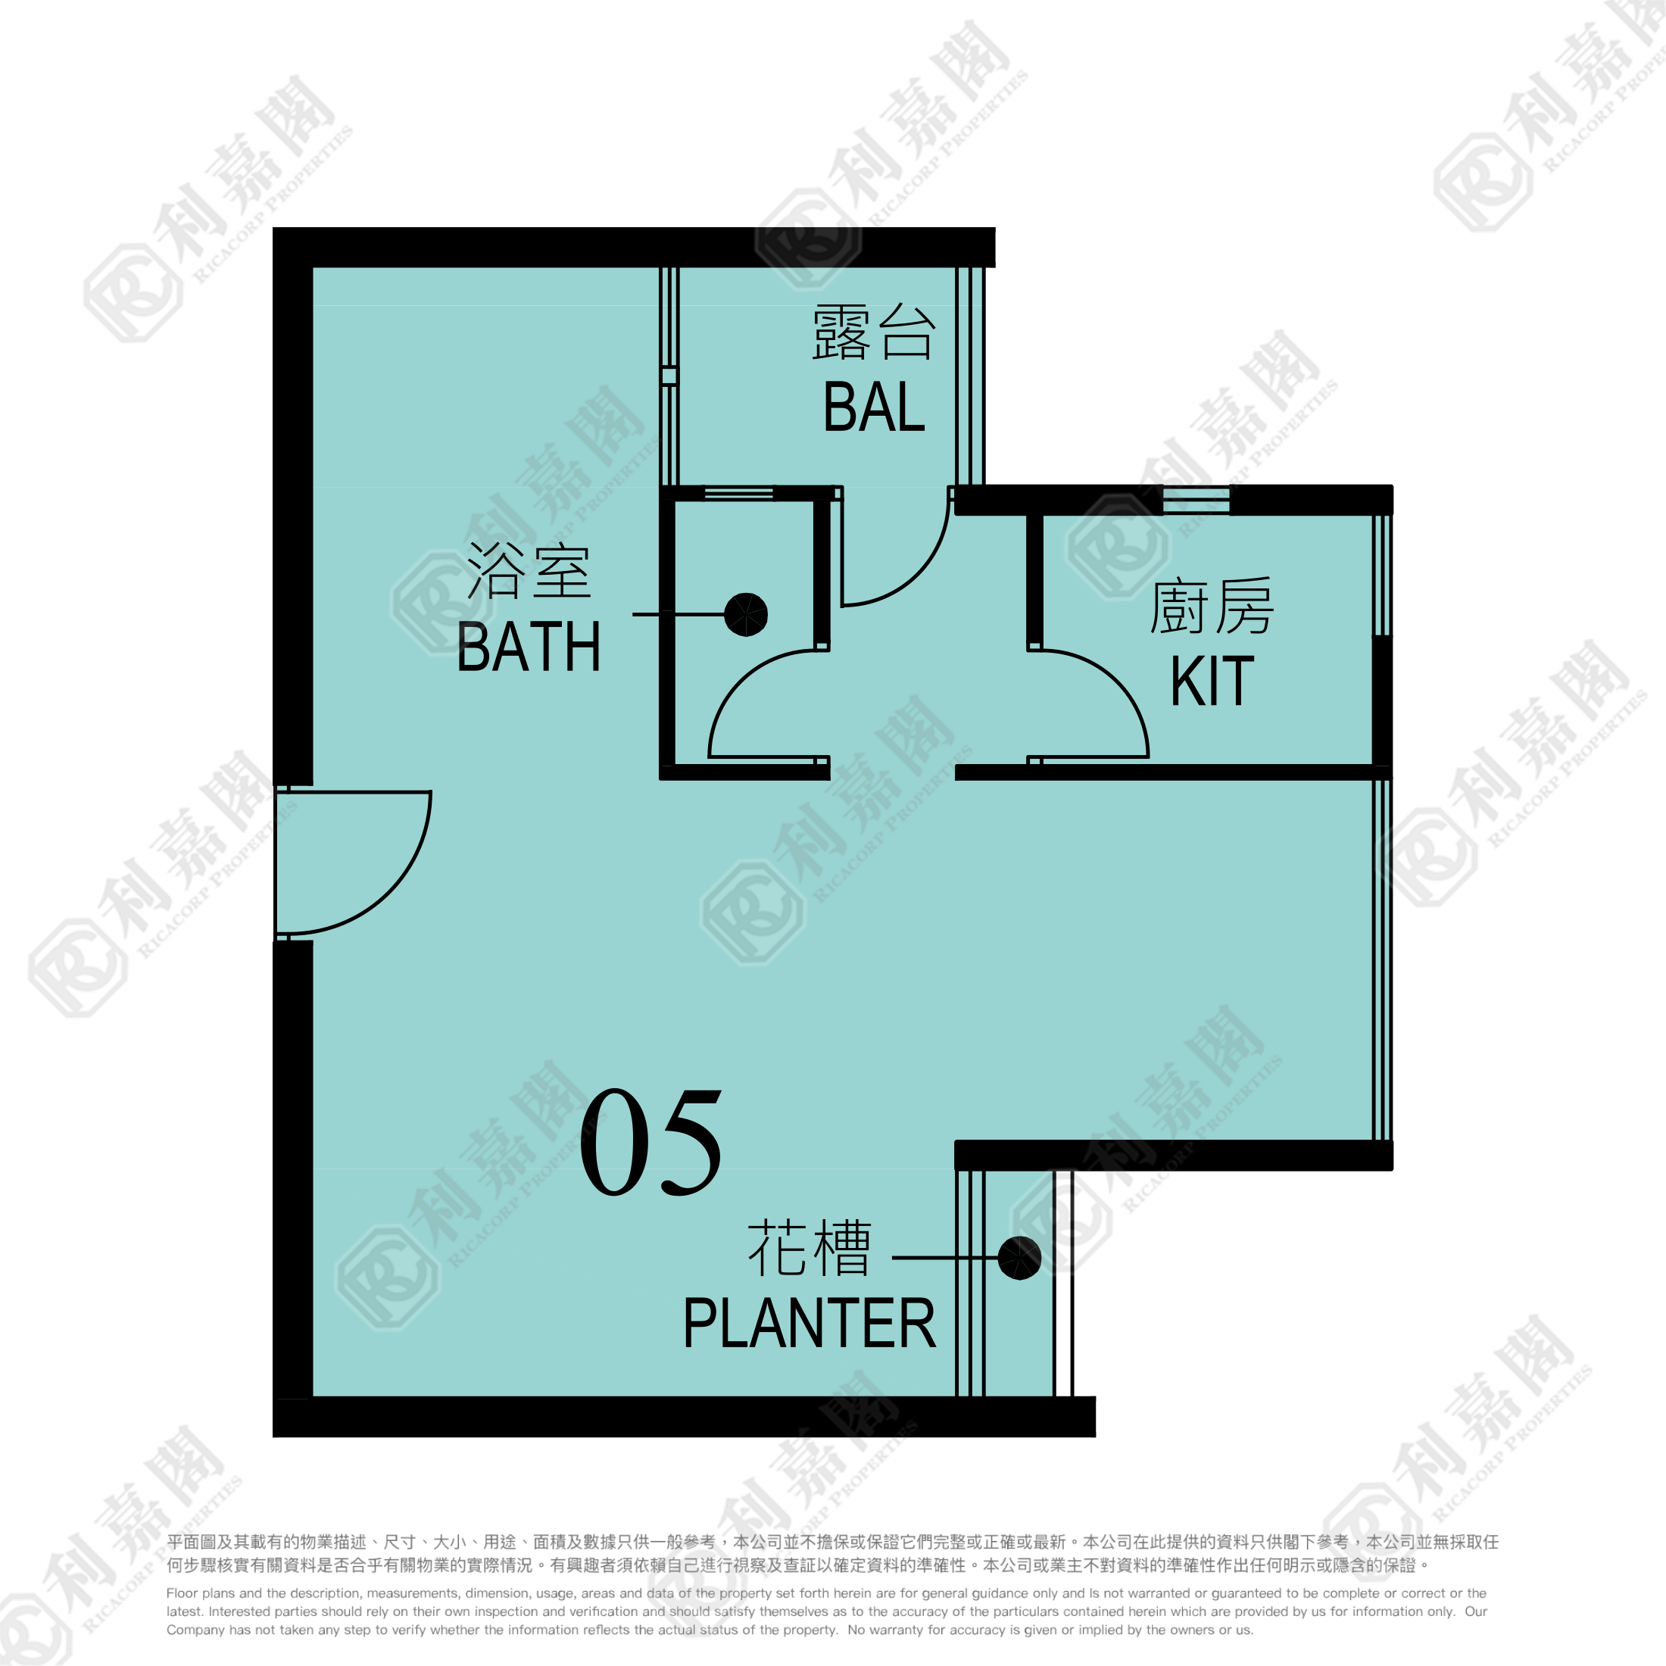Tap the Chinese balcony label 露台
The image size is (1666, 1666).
pyautogui.click(x=874, y=331)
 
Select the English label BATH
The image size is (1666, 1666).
pyautogui.click(x=529, y=647)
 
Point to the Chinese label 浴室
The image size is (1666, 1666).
pyautogui.click(x=529, y=570)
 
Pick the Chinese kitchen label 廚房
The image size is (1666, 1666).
pyautogui.click(x=1212, y=605)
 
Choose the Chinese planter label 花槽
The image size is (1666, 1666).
pyautogui.click(x=809, y=1248)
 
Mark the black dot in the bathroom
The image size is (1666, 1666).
pyautogui.click(x=746, y=615)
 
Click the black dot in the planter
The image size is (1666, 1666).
pyautogui.click(x=1019, y=1258)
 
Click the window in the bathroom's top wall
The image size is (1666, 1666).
pyautogui.click(x=739, y=493)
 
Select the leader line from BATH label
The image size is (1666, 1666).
pyautogui.click(x=679, y=615)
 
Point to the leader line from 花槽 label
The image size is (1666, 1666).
pyautogui.click(x=945, y=1258)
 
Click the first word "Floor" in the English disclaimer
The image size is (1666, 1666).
pyautogui.click(x=182, y=1593)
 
